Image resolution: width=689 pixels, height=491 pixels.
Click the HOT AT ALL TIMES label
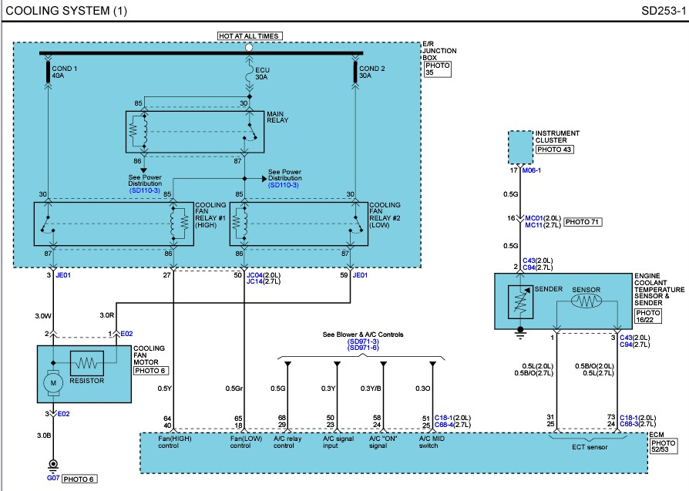[250, 36]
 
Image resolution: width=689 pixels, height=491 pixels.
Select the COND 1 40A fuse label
[64, 72]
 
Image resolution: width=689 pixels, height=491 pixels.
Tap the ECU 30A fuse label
[262, 73]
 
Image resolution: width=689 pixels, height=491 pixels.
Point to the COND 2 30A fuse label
[371, 72]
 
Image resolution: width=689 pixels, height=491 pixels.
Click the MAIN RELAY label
[277, 117]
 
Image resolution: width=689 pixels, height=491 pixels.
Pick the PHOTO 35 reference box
[438, 69]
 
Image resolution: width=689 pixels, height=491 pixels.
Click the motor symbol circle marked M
[53, 383]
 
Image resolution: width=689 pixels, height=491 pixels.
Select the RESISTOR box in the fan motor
[87, 363]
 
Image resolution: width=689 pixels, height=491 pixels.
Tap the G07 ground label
[53, 478]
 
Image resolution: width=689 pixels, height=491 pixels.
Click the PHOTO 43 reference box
[554, 150]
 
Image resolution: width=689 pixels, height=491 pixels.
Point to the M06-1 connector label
[531, 170]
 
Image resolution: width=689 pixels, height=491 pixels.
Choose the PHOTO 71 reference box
[582, 222]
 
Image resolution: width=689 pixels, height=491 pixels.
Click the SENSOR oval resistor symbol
[586, 301]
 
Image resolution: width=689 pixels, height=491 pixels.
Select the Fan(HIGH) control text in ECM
[174, 442]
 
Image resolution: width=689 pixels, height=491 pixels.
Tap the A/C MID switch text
[432, 442]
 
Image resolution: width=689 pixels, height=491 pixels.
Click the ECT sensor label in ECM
[590, 447]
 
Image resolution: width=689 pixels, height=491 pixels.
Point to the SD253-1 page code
[664, 11]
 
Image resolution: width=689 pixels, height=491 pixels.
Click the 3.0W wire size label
[43, 315]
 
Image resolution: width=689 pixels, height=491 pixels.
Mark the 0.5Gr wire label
[234, 388]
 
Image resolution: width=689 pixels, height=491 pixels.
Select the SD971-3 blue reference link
[363, 341]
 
